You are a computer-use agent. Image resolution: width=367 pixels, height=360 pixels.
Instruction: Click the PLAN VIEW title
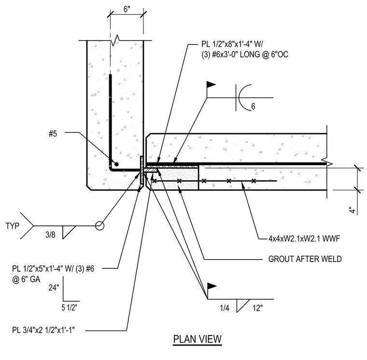198,339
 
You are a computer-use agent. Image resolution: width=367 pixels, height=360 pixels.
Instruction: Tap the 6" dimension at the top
127,9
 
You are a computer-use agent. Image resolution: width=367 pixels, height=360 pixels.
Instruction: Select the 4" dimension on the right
352,210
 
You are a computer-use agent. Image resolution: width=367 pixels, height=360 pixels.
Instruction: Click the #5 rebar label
53,134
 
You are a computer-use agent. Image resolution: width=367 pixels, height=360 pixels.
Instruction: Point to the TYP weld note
13,226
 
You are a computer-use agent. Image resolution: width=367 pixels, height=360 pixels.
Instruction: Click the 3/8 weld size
50,235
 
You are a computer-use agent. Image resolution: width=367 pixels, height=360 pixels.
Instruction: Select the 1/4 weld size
225,308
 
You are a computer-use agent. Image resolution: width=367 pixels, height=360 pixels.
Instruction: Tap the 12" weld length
257,308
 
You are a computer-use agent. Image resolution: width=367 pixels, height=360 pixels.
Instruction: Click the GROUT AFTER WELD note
305,259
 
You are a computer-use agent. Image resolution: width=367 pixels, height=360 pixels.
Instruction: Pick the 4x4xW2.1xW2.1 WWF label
304,238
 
